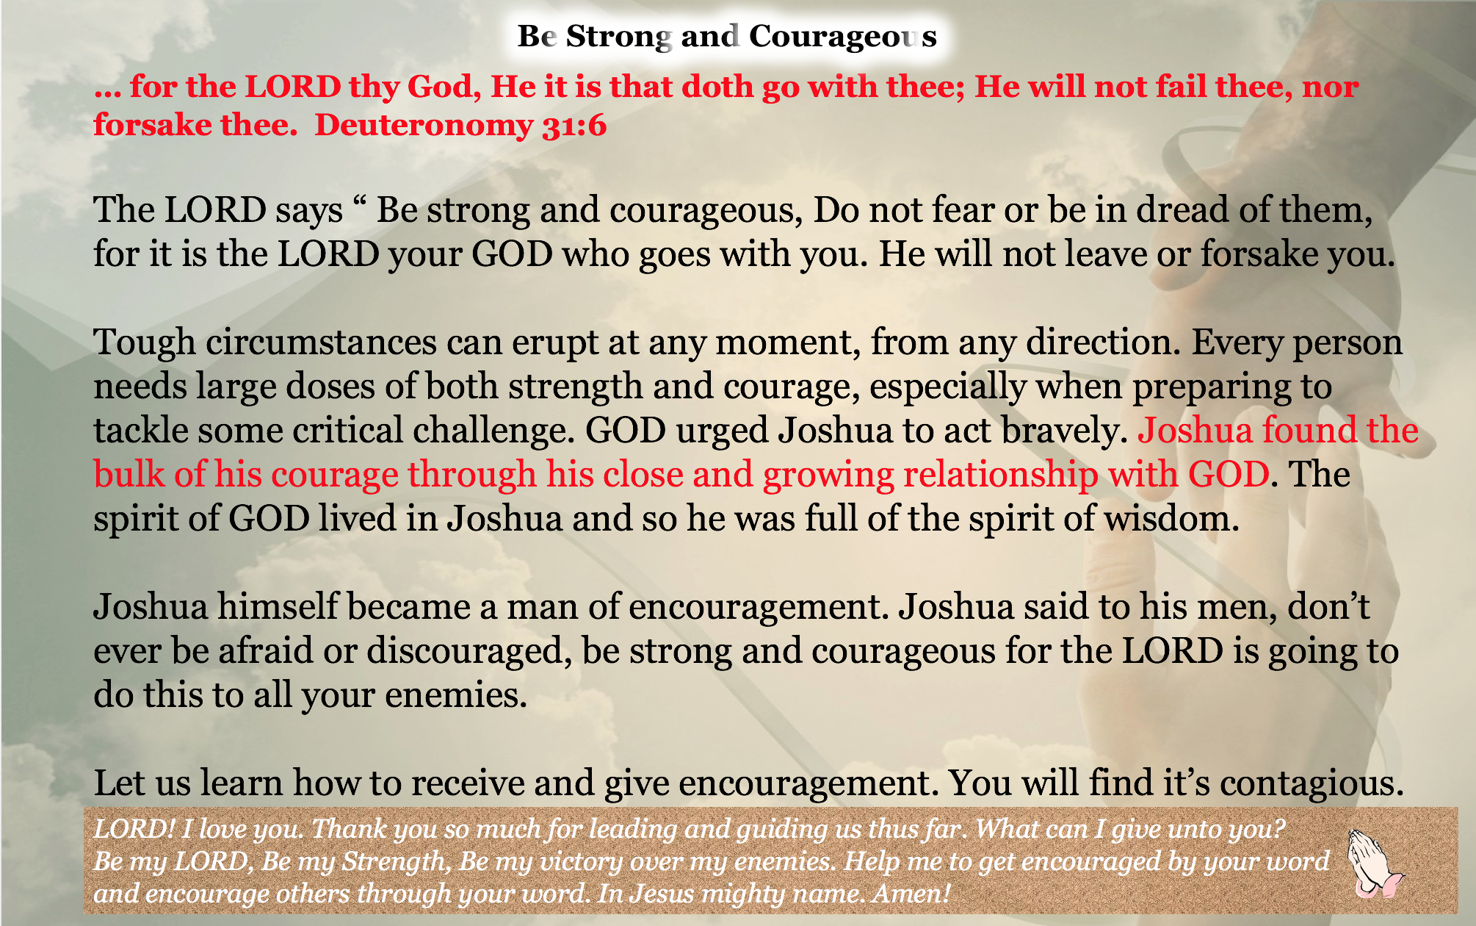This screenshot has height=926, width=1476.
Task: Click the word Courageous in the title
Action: pos(843,37)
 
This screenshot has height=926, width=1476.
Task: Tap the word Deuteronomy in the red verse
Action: pos(424,126)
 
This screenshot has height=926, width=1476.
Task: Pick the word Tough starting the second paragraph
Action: pos(145,343)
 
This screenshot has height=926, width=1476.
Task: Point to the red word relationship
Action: pos(1001,475)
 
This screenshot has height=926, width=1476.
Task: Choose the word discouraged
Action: pos(469,651)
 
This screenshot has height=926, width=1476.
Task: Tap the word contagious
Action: pos(1312,783)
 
